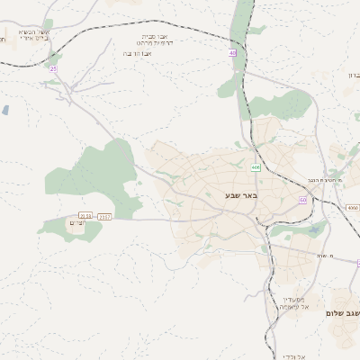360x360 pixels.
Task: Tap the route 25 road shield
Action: pos(53,68)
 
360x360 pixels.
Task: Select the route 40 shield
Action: pos(232,53)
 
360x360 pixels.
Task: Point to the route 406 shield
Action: pos(256,167)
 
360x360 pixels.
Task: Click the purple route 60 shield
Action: pos(303,200)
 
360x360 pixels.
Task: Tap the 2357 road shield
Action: pos(105,216)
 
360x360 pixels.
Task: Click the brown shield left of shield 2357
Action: pos(85,216)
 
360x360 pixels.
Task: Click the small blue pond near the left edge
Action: pos(5,110)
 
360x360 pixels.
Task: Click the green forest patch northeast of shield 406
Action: pos(282,106)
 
